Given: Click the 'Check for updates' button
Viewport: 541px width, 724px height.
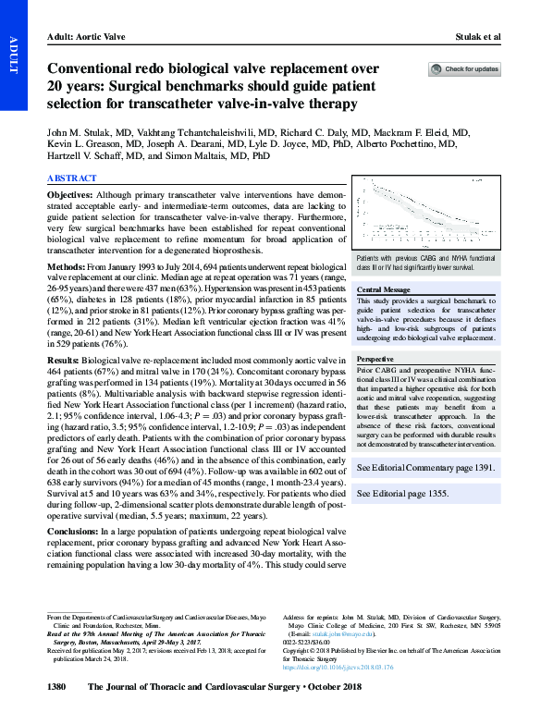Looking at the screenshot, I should click(464, 69).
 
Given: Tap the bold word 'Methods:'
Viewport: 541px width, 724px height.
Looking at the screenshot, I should click(67, 266).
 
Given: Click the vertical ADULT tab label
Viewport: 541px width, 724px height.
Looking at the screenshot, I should click(13, 55).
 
